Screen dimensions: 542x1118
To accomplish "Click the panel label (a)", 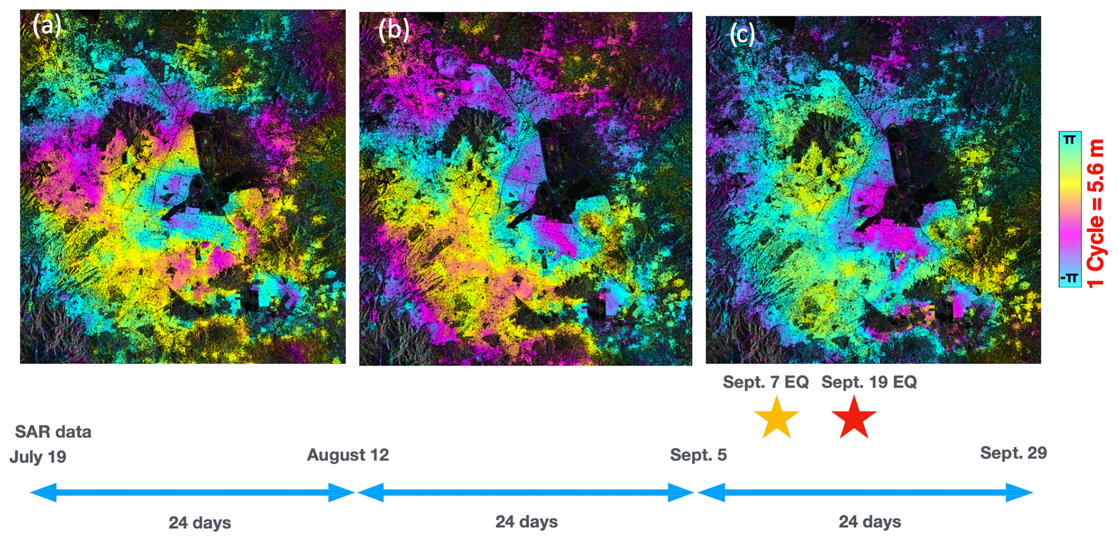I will [47, 25].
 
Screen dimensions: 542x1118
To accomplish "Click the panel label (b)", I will [393, 29].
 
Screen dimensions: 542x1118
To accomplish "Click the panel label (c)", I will [742, 34].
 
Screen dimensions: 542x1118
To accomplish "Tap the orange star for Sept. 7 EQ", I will [776, 417].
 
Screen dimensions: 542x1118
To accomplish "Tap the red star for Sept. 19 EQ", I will [854, 417].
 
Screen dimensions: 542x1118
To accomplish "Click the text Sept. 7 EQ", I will [765, 382].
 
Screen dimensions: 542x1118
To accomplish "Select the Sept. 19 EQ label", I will [869, 382].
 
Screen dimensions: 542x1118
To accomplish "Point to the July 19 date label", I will [38, 457].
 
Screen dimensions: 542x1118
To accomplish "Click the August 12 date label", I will [348, 454].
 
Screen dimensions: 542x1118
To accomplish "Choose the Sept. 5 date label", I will [698, 454].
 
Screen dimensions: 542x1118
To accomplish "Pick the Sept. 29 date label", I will [1013, 453].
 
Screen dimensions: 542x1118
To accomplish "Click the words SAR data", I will [53, 432].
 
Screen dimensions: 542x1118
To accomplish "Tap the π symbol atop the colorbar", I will [1069, 140].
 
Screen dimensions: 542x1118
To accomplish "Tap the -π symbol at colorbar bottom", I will [1069, 278].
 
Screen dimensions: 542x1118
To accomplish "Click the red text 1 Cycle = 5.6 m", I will [1095, 213].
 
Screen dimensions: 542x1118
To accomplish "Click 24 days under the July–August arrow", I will [200, 523].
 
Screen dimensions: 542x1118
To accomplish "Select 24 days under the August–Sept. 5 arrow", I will [526, 521].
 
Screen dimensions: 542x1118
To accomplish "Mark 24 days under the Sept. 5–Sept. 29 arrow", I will [869, 521].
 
